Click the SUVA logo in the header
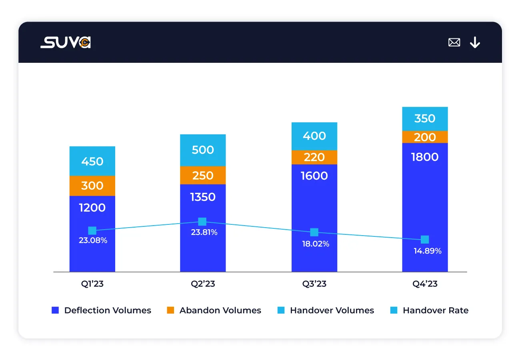click(66, 42)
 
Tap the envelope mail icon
click(454, 42)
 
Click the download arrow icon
click(475, 42)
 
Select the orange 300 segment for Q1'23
click(92, 186)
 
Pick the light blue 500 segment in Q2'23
click(203, 150)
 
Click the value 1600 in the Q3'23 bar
click(314, 176)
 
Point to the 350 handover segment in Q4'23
click(425, 119)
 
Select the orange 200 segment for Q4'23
click(425, 137)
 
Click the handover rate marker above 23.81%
click(202, 222)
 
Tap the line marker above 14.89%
click(425, 240)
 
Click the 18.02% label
click(316, 244)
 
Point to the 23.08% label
click(92, 241)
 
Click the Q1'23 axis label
click(92, 284)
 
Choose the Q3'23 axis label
click(314, 284)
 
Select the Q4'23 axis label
click(425, 284)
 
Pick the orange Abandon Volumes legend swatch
click(171, 310)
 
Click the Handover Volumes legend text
click(332, 310)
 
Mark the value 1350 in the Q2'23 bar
click(203, 197)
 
